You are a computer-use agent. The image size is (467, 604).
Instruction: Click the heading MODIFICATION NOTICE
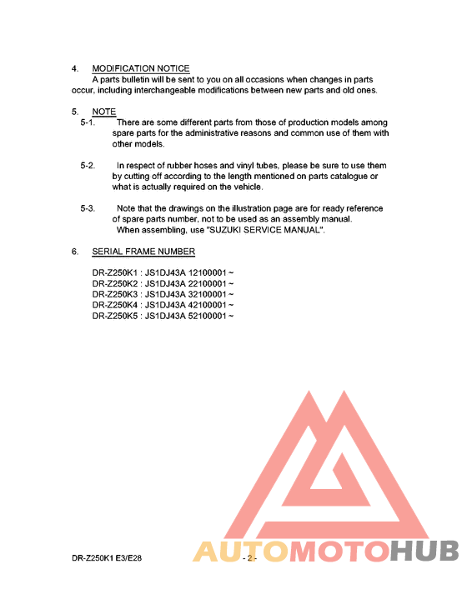[x=141, y=68]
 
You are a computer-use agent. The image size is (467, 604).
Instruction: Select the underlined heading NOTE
[x=104, y=112]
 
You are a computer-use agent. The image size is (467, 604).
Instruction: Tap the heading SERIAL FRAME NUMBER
[x=143, y=252]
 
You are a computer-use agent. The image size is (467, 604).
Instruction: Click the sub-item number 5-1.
[x=88, y=122]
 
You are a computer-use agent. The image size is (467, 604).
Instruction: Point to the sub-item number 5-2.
[x=88, y=166]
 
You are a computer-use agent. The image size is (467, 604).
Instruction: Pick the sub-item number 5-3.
[x=88, y=208]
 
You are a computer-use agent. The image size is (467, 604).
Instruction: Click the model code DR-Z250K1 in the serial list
[x=114, y=273]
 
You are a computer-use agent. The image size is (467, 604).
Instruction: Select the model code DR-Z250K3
[x=114, y=295]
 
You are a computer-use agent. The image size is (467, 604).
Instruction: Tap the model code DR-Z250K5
[x=114, y=317]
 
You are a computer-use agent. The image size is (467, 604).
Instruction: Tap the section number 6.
[x=74, y=252]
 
